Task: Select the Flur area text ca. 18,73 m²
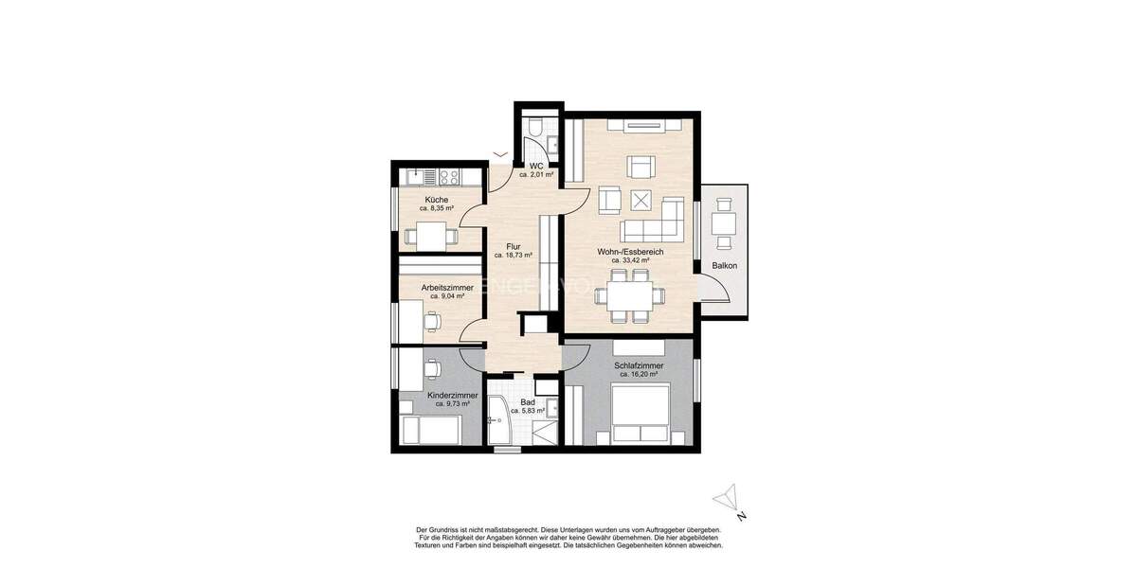point(513,256)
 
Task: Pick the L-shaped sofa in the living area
point(654,221)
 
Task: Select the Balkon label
point(725,266)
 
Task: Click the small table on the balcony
point(725,223)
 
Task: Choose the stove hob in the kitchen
point(446,177)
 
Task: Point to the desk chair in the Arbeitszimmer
point(433,321)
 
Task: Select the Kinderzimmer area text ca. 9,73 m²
point(452,403)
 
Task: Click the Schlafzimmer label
point(639,365)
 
